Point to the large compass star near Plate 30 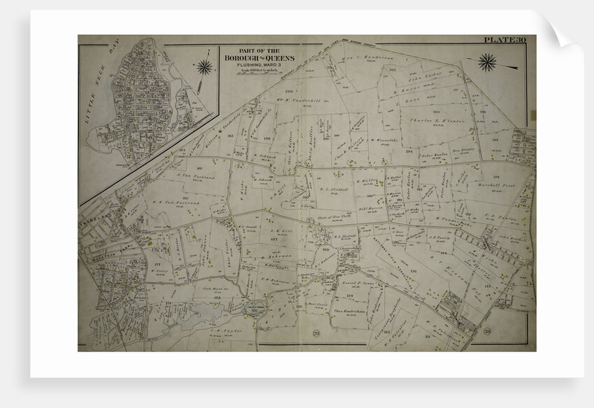487,62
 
